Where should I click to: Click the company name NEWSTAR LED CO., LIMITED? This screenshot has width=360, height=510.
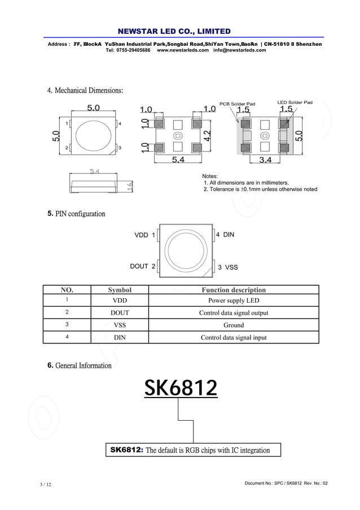[x=174, y=31]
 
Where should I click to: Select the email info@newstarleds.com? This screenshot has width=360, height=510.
[x=239, y=50]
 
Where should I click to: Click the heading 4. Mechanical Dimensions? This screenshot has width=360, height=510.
[x=85, y=90]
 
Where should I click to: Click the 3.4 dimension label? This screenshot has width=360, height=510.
[x=265, y=160]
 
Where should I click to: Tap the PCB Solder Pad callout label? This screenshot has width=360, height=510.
[x=237, y=103]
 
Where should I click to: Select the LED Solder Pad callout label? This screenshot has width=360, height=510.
[x=295, y=102]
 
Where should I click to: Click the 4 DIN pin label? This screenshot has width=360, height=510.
[x=225, y=234]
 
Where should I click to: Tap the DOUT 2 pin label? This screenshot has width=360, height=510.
[x=143, y=266]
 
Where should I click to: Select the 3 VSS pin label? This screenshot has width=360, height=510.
[x=228, y=267]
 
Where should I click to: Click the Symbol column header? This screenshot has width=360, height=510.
[x=120, y=290]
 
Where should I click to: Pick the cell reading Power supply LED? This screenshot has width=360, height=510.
[x=234, y=300]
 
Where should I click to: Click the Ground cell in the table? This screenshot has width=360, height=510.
[x=234, y=325]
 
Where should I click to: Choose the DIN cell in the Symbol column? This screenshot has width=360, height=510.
[x=120, y=338]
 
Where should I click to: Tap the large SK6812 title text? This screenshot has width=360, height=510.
[x=181, y=387]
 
